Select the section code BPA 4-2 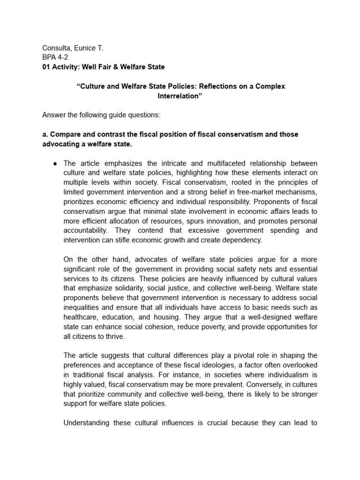tap(55, 57)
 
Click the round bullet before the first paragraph tap(55, 163)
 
